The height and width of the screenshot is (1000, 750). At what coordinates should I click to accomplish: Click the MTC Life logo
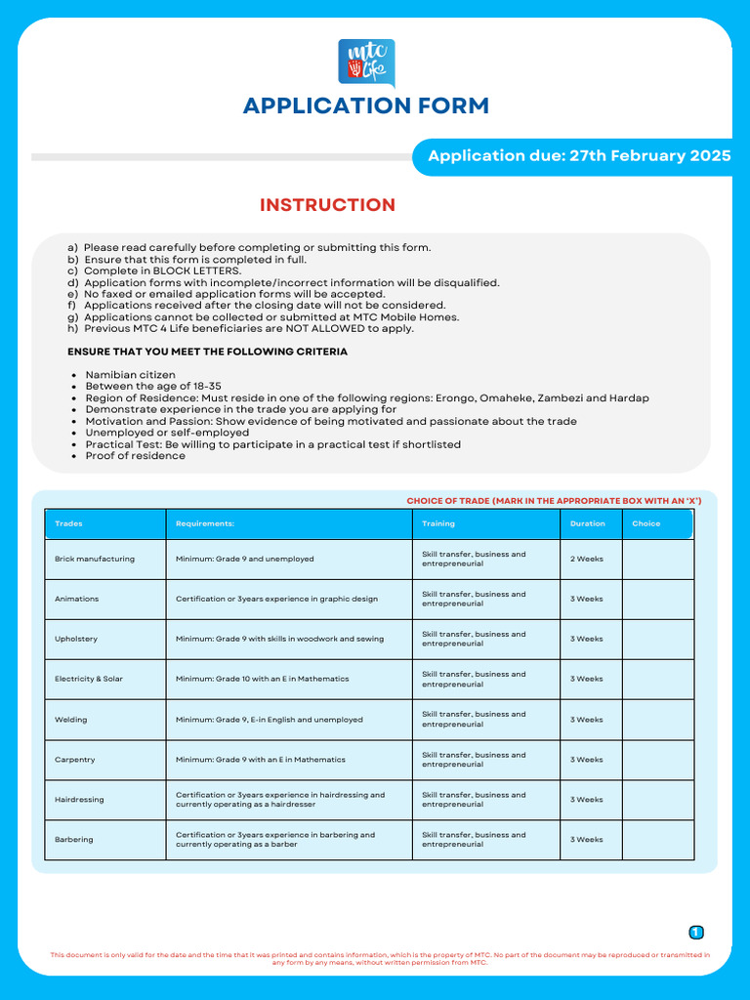pos(366,62)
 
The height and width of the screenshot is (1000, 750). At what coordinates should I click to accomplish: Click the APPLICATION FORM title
pos(366,105)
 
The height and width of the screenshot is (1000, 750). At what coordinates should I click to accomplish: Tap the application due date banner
pos(578,156)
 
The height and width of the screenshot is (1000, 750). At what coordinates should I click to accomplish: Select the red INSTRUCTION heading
pos(327,205)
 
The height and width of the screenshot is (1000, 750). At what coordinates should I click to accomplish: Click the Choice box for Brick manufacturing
pos(657,560)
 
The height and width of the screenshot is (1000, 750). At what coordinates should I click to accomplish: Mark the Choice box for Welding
pos(657,720)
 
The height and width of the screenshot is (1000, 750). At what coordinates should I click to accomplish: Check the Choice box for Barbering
pos(657,840)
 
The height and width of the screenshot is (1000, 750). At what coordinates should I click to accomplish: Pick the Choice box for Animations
pos(657,600)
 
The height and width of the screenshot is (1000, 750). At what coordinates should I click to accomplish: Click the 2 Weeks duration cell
pos(587,560)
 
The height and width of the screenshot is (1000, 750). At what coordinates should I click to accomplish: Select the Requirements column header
pos(205,523)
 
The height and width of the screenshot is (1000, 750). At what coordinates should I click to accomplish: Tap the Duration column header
pos(588,523)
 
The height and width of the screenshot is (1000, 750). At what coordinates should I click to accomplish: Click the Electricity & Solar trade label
pos(89,679)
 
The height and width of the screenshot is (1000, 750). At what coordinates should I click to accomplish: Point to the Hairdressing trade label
pos(79,800)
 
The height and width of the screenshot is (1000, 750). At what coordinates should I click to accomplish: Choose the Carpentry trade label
pos(76,760)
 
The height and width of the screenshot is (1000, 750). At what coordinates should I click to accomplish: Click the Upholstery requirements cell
pos(279,640)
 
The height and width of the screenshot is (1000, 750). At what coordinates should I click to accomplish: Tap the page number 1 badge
pos(696,933)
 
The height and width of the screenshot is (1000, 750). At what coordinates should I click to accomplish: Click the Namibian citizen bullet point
pos(130,375)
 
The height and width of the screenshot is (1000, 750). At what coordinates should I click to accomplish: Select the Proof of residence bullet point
pos(135,456)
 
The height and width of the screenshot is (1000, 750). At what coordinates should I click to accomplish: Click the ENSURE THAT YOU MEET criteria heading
pos(207,352)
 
